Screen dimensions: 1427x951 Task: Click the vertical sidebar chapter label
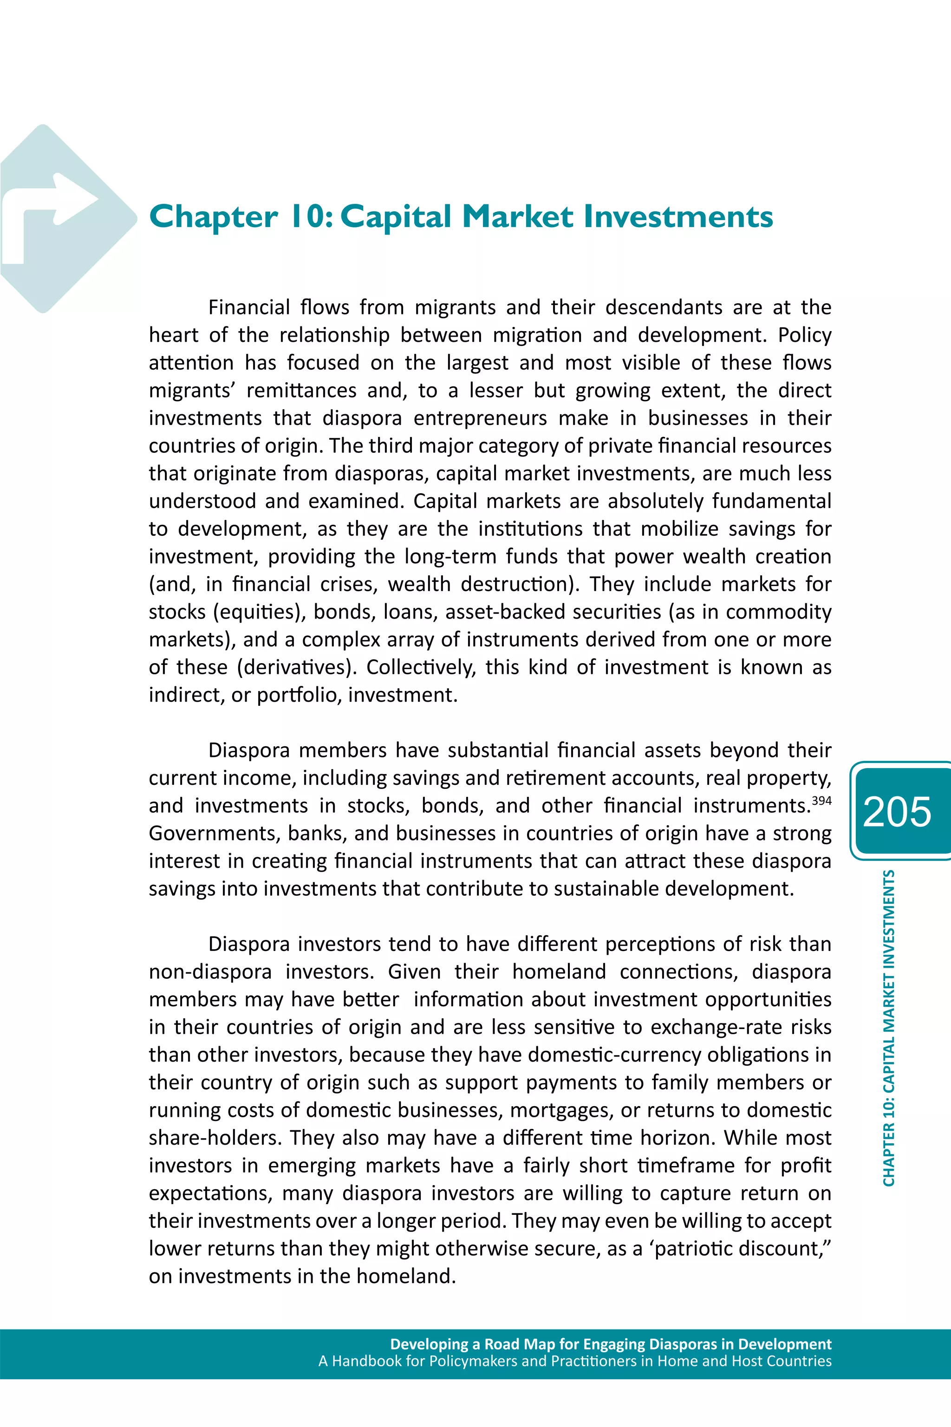coord(888,1028)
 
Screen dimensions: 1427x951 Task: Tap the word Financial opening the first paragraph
coord(249,307)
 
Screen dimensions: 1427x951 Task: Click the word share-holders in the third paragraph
coord(215,1138)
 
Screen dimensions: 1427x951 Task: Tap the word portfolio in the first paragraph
coord(297,695)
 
